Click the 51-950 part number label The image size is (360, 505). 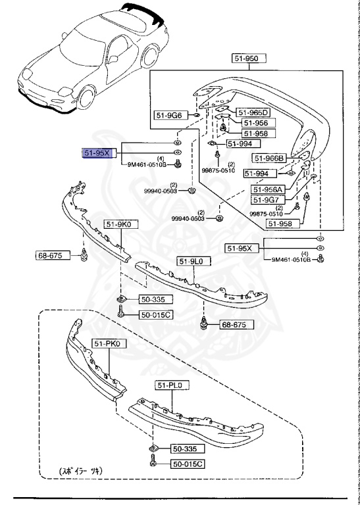click(x=249, y=59)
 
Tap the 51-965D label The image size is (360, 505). click(x=253, y=112)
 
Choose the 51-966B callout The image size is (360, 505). click(x=269, y=158)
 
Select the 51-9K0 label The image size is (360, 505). click(x=121, y=224)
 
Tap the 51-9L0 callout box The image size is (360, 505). click(x=193, y=261)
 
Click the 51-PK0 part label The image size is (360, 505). click(x=109, y=343)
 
